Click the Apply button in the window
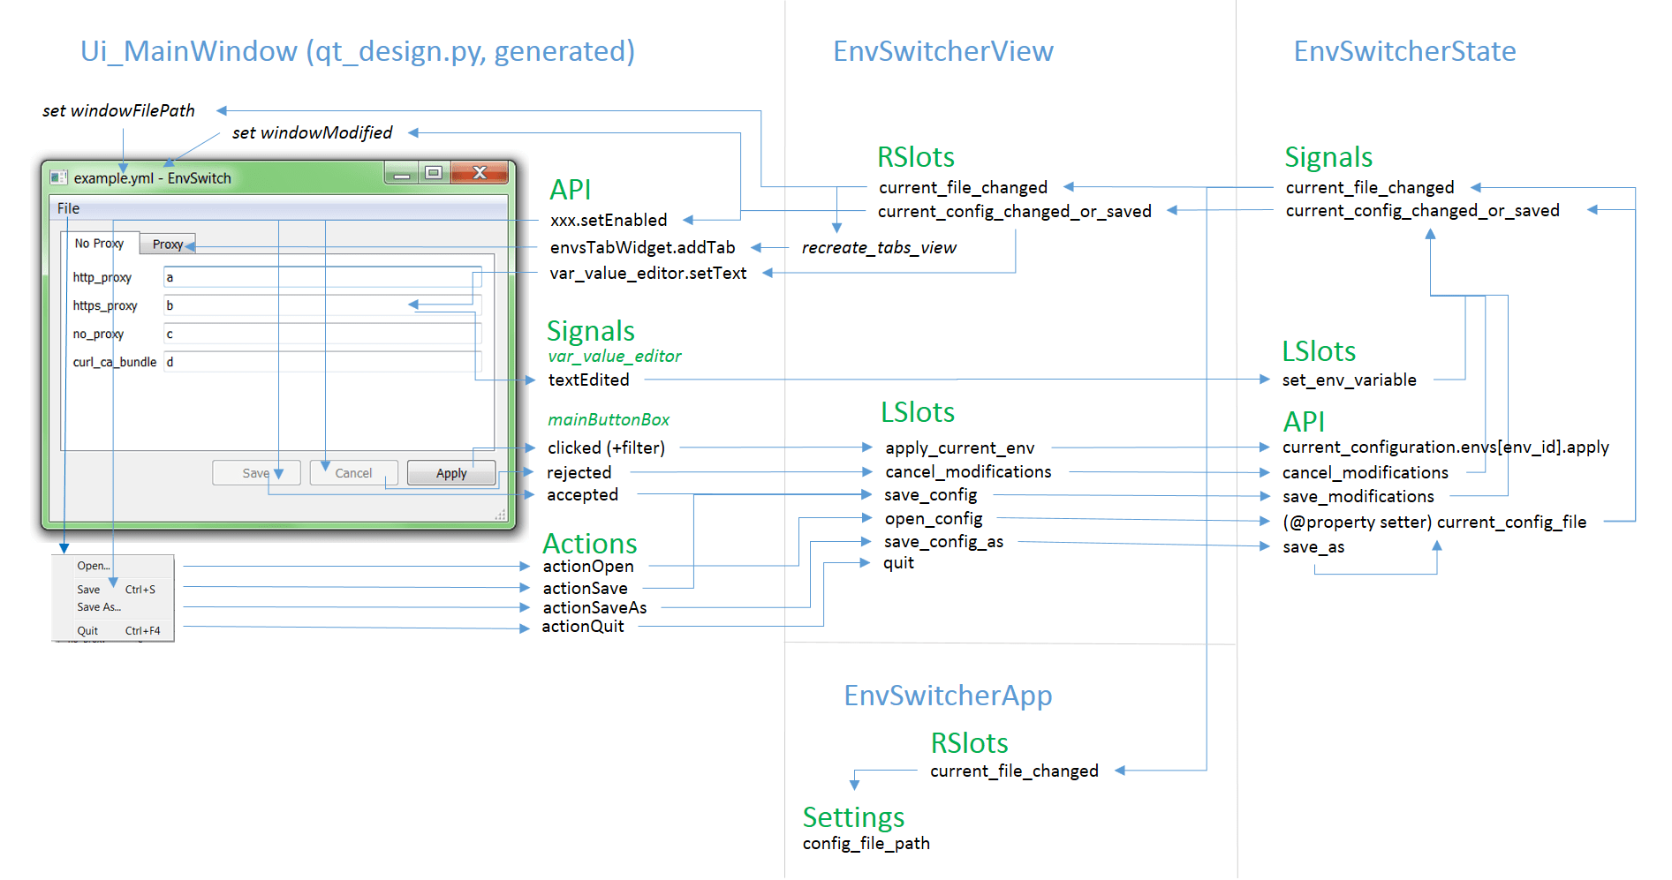[451, 473]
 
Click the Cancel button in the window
[353, 473]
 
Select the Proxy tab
[167, 244]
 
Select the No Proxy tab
[99, 244]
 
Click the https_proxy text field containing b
[322, 305]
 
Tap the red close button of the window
[480, 172]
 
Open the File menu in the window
[68, 208]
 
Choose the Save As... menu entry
[99, 607]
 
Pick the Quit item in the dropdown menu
[87, 631]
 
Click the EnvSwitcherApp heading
[948, 696]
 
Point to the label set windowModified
[312, 132]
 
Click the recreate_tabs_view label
[879, 248]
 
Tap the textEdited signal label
[588, 380]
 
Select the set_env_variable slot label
[1349, 380]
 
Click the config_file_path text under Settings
[866, 844]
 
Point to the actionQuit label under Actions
[582, 627]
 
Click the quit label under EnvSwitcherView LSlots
[898, 563]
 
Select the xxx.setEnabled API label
[609, 220]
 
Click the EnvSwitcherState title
[1404, 51]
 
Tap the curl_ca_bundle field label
[115, 362]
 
